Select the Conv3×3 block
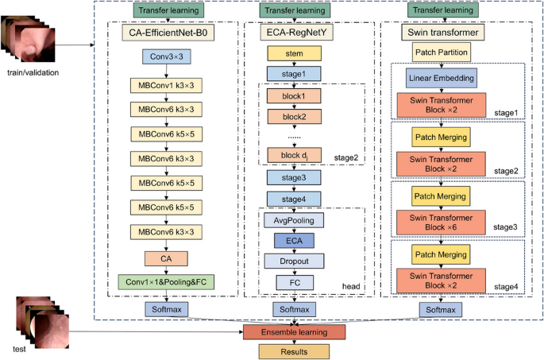coord(166,58)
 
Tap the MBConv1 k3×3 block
coord(166,83)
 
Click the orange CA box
coord(166,257)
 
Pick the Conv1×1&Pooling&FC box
coord(166,281)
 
